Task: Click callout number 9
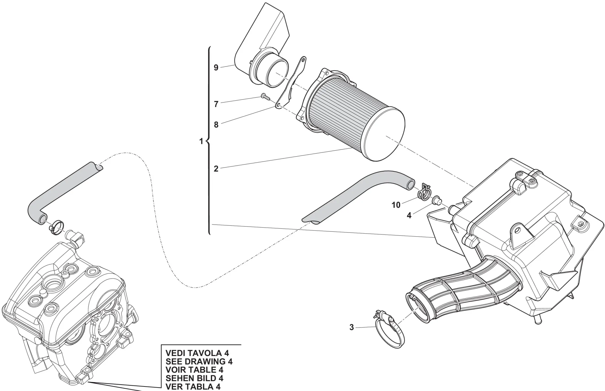[x=216, y=67]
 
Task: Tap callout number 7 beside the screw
[x=216, y=104]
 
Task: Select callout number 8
[x=216, y=125]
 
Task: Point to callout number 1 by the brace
[x=201, y=141]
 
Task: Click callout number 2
[x=216, y=169]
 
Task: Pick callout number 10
[x=396, y=205]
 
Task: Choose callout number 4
[x=409, y=215]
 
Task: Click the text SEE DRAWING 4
[x=199, y=361]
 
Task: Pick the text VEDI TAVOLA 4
[x=197, y=353]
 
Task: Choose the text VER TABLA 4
[x=193, y=386]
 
